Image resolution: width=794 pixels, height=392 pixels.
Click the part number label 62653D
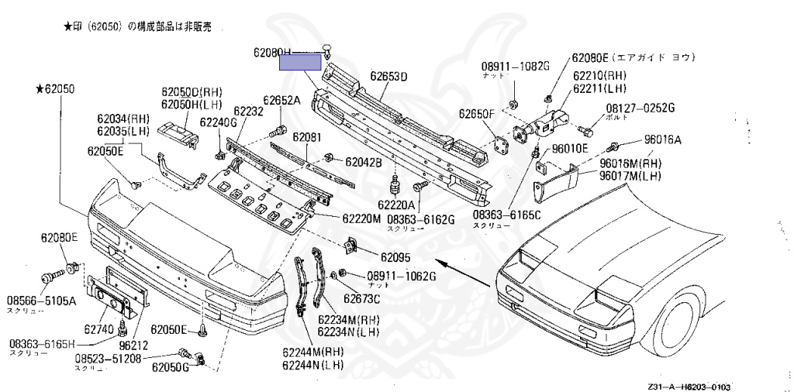point(388,76)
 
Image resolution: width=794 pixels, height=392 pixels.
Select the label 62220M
point(361,219)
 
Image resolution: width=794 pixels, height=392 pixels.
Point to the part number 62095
point(395,256)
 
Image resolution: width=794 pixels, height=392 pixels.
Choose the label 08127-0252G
point(640,108)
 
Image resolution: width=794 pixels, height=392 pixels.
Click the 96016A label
point(662,140)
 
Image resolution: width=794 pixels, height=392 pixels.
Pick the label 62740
point(98,328)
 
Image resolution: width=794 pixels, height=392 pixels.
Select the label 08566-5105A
point(41,300)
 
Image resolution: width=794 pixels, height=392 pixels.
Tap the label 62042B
point(363,163)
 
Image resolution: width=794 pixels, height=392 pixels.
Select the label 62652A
point(281,100)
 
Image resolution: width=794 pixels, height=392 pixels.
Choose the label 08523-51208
point(108,359)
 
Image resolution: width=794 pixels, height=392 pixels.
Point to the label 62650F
point(476,114)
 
